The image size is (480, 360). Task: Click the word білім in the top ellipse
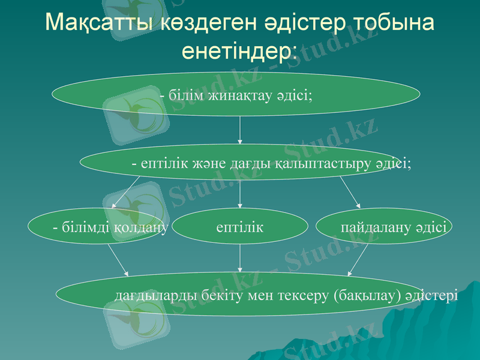point(187,95)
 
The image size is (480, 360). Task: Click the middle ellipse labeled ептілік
point(240,227)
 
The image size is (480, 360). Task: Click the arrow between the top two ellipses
point(240,130)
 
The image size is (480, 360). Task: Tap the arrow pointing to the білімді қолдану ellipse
point(126,193)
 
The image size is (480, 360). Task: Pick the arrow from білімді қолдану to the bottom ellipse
point(118,258)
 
